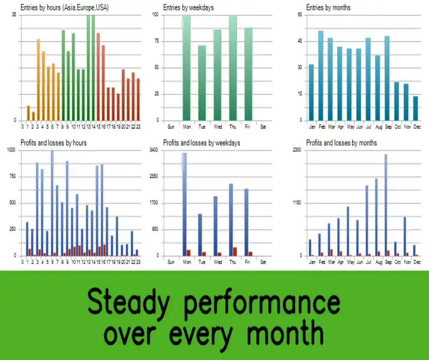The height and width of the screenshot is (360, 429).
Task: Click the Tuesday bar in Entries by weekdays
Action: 202,83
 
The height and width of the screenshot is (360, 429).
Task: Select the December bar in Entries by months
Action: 415,108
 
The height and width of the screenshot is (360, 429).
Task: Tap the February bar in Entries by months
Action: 320,75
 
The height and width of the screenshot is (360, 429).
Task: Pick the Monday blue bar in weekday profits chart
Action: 184,204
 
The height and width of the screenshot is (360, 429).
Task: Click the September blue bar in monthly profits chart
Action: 386,205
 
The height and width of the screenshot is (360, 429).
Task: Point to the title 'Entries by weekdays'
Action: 188,7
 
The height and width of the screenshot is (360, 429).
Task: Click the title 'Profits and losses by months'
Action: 341,143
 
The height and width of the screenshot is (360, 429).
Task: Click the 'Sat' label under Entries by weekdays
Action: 264,127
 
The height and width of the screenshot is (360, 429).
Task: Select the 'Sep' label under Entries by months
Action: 387,127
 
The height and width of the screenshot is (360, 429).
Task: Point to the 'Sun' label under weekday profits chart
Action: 170,262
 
